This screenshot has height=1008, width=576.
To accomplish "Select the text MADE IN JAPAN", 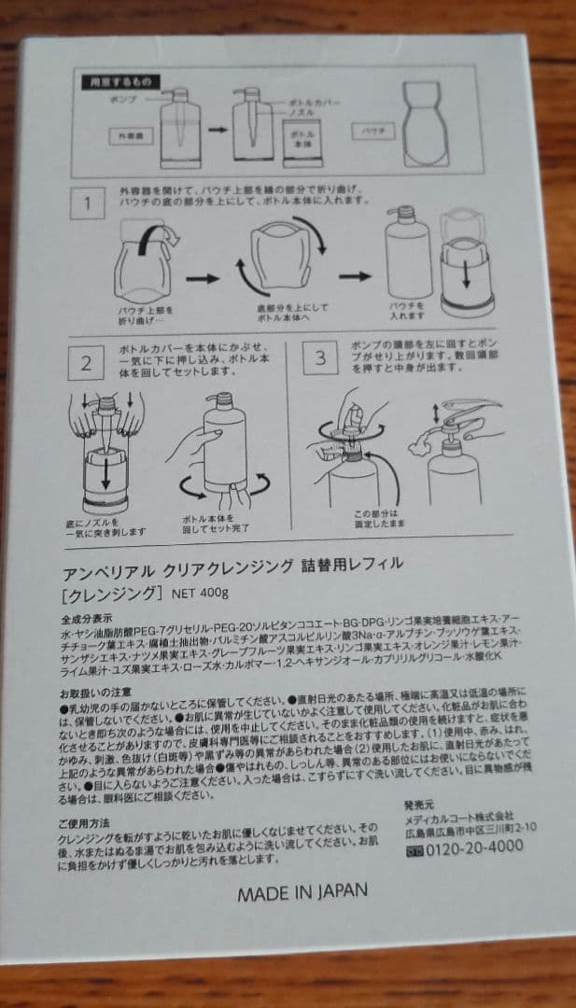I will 302,890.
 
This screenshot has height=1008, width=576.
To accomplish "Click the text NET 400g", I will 202,594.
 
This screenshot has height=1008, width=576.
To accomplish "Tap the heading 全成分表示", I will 87,618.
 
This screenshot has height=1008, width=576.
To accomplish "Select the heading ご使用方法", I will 85,811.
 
